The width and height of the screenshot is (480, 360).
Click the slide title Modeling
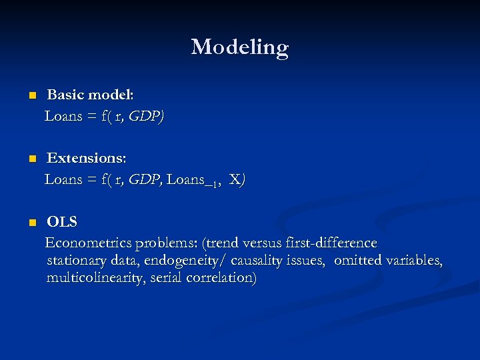click(x=239, y=47)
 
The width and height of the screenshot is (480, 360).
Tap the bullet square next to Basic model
click(x=31, y=97)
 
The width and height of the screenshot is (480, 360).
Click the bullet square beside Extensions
click(x=31, y=160)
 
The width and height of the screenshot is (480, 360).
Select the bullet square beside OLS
click(x=31, y=223)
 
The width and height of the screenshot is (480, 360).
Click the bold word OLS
click(x=62, y=223)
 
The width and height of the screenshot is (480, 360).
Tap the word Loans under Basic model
click(x=63, y=117)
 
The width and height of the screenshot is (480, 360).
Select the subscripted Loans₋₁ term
click(x=194, y=180)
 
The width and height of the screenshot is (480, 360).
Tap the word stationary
click(x=75, y=261)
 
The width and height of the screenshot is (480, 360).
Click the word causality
click(x=259, y=261)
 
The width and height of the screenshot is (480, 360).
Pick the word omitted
click(x=357, y=261)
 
